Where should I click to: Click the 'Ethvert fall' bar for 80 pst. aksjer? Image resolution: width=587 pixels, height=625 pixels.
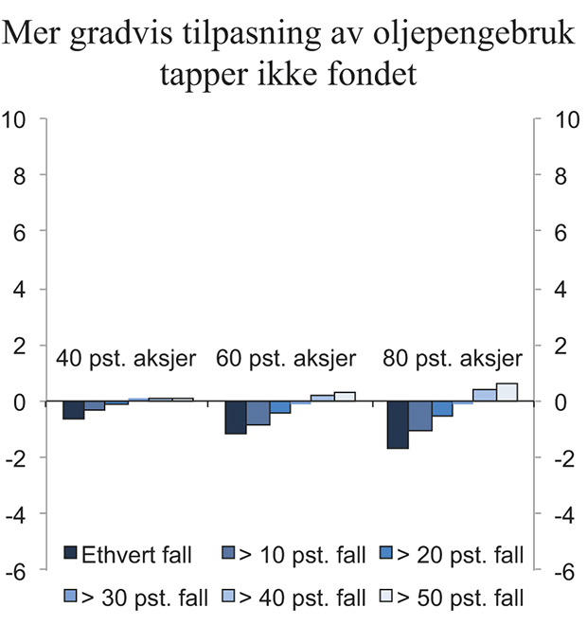coord(399,424)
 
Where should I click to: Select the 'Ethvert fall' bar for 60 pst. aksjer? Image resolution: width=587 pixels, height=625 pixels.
coord(236,418)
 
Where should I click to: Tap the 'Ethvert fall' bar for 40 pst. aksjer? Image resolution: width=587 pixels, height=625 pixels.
coord(73,410)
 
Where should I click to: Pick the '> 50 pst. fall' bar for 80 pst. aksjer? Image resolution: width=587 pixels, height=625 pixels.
coord(507,392)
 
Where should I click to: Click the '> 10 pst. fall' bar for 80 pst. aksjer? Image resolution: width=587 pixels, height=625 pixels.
coord(420,416)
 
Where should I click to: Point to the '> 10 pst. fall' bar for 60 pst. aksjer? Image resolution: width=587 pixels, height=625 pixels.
coord(258,413)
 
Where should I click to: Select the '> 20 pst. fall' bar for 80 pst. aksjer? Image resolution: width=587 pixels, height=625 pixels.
coord(442,408)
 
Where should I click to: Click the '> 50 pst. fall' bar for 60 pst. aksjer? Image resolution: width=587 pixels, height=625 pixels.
coord(344,397)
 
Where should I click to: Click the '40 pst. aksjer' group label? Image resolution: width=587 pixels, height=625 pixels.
coord(126,359)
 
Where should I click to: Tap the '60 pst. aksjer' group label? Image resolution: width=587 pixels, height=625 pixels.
coord(286,359)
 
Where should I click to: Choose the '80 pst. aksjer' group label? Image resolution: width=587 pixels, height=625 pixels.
coord(452,359)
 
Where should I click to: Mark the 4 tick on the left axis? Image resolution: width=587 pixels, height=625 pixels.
coord(18,289)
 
